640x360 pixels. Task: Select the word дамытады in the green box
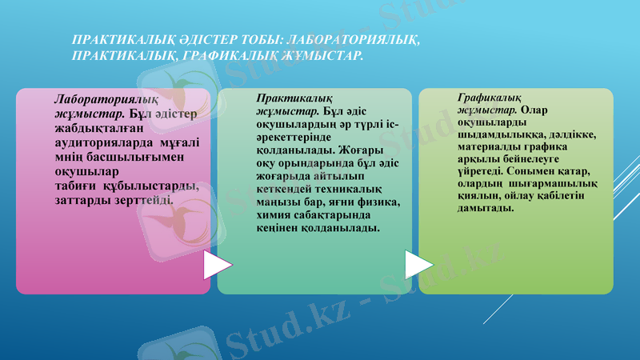click(x=486, y=208)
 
